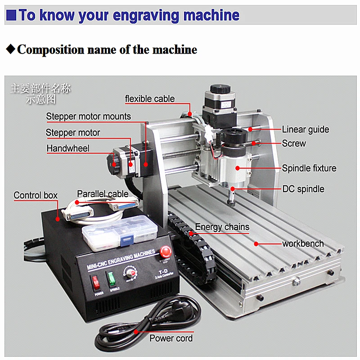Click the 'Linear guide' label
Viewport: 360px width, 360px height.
[x=305, y=130]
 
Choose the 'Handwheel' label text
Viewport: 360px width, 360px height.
[x=68, y=148]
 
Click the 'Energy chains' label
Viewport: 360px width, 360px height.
[x=222, y=227]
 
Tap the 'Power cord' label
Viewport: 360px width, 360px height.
[x=171, y=338]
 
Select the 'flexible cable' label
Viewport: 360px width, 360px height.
[x=149, y=99]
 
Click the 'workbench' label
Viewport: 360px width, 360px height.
[x=302, y=243]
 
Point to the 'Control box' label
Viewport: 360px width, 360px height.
[x=36, y=195]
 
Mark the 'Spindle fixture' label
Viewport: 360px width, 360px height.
[x=309, y=168]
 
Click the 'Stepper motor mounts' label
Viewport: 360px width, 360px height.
[x=88, y=117]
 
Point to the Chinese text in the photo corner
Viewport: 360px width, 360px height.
[x=40, y=93]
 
